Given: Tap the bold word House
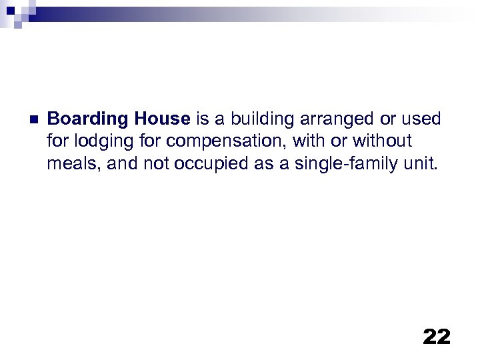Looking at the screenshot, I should point(162,119).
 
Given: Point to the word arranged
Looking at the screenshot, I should point(329,119).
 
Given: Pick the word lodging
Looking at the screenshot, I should point(97,141).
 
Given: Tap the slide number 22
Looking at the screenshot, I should point(437,337).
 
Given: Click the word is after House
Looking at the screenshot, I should point(201,119).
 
